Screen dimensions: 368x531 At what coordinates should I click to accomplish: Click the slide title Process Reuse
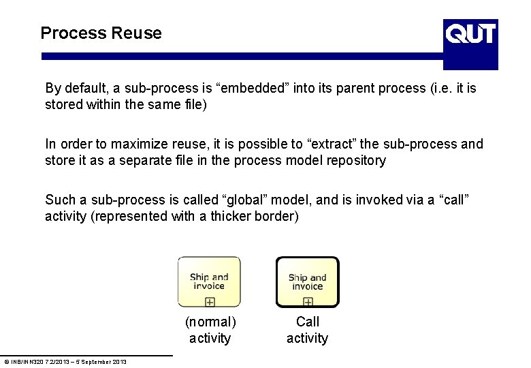pyautogui.click(x=101, y=33)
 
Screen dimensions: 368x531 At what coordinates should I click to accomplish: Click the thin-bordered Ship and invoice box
pyautogui.click(x=209, y=281)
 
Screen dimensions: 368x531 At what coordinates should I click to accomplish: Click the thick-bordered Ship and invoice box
pyautogui.click(x=307, y=281)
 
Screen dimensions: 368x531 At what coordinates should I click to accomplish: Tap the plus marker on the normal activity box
pyautogui.click(x=210, y=301)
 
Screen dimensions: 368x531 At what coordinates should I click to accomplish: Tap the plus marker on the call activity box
pyautogui.click(x=308, y=301)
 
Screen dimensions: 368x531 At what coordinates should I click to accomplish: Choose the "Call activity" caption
pyautogui.click(x=307, y=330)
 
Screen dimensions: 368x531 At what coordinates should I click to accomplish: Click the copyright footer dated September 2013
pyautogui.click(x=65, y=361)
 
